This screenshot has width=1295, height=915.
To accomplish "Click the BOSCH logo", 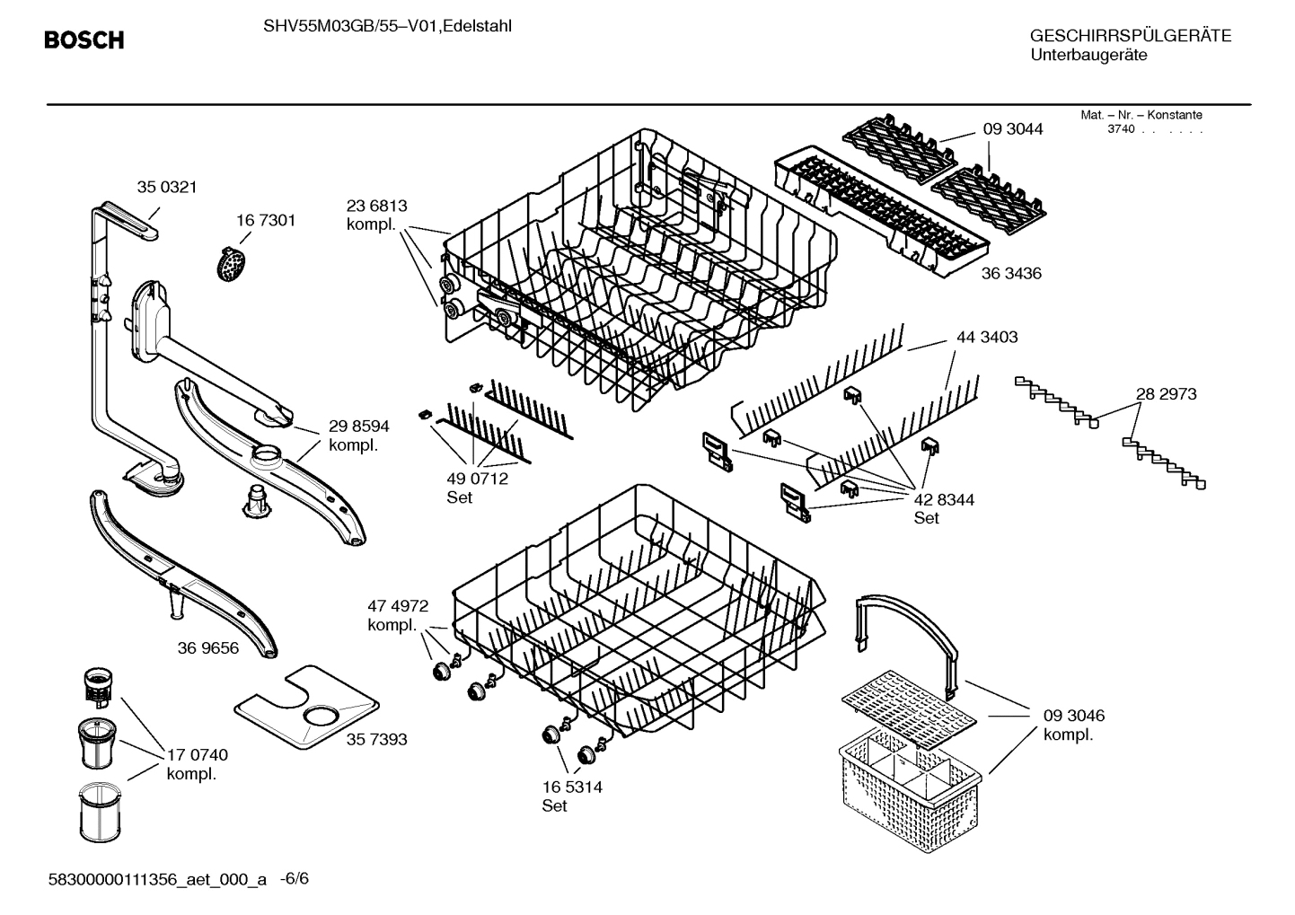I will (x=84, y=40).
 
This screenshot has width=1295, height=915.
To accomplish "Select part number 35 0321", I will (x=166, y=188).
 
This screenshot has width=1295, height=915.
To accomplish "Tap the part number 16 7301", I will (x=266, y=220).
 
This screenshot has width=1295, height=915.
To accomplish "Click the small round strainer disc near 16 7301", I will (x=233, y=264).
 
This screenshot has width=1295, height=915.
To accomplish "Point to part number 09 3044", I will (x=1013, y=129).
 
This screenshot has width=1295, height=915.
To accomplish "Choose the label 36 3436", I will (x=1011, y=273).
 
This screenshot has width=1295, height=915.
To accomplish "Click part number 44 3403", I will (x=987, y=337).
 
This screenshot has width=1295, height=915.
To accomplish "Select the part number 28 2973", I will (x=1166, y=394).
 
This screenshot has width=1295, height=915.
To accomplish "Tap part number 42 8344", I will (x=944, y=499).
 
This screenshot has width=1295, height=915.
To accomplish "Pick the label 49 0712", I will (x=477, y=479).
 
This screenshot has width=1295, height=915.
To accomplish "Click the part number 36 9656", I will (x=208, y=647).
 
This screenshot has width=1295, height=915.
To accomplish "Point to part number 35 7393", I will (x=376, y=739).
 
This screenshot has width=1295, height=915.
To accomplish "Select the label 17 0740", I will (x=198, y=755).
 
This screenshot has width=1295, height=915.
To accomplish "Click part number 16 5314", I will (x=572, y=787).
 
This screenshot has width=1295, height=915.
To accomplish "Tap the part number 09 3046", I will (x=1074, y=716).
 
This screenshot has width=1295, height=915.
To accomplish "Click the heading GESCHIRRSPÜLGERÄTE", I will (x=1131, y=37).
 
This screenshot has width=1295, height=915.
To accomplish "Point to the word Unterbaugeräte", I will (x=1088, y=56).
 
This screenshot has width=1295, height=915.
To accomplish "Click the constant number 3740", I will (x=1120, y=129).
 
